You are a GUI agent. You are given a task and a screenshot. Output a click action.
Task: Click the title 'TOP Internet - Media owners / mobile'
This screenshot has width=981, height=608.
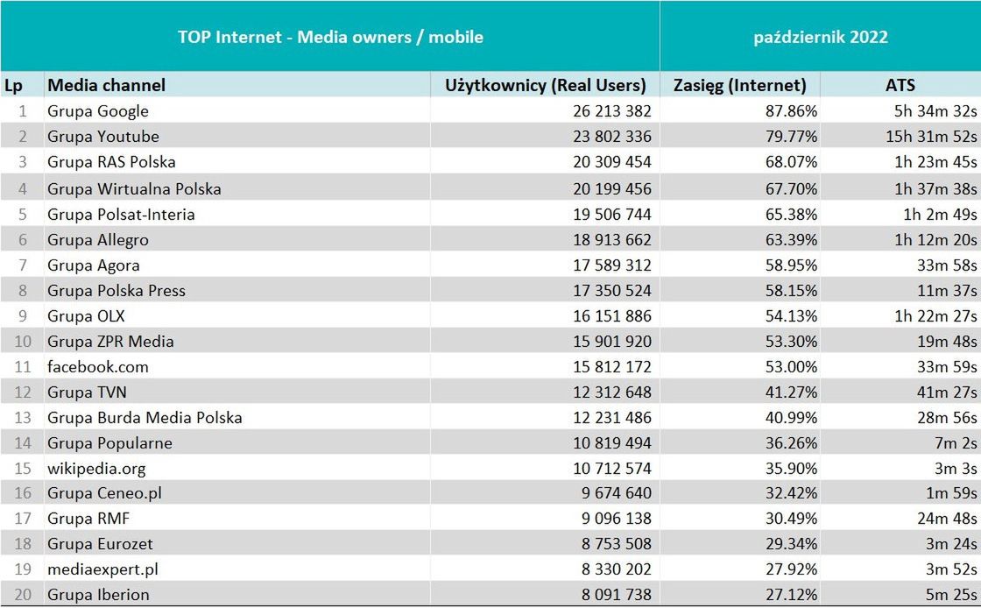[x=330, y=37]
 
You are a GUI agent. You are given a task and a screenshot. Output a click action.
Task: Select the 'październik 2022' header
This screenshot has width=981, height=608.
[x=821, y=37]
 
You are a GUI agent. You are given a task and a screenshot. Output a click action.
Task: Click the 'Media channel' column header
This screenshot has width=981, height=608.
[x=106, y=85]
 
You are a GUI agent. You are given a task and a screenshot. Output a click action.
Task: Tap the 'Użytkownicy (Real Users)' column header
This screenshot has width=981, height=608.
[x=546, y=85]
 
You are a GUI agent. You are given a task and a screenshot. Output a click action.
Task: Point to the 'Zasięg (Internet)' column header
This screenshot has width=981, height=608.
[x=740, y=85]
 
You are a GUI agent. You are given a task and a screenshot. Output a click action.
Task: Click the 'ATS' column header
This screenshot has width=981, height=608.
[x=900, y=85]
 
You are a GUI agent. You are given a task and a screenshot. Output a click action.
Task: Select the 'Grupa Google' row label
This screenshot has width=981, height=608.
[x=98, y=111]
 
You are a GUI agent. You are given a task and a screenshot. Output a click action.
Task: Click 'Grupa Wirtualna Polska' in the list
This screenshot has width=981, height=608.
[x=134, y=189]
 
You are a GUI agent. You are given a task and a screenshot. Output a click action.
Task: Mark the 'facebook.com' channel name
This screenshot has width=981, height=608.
[x=98, y=367]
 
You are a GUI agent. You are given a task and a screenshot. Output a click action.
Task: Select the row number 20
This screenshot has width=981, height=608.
[x=23, y=595]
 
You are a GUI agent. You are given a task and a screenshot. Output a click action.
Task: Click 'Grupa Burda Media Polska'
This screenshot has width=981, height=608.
[x=145, y=418]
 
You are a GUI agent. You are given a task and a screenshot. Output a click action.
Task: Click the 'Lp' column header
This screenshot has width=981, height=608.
[x=13, y=85]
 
